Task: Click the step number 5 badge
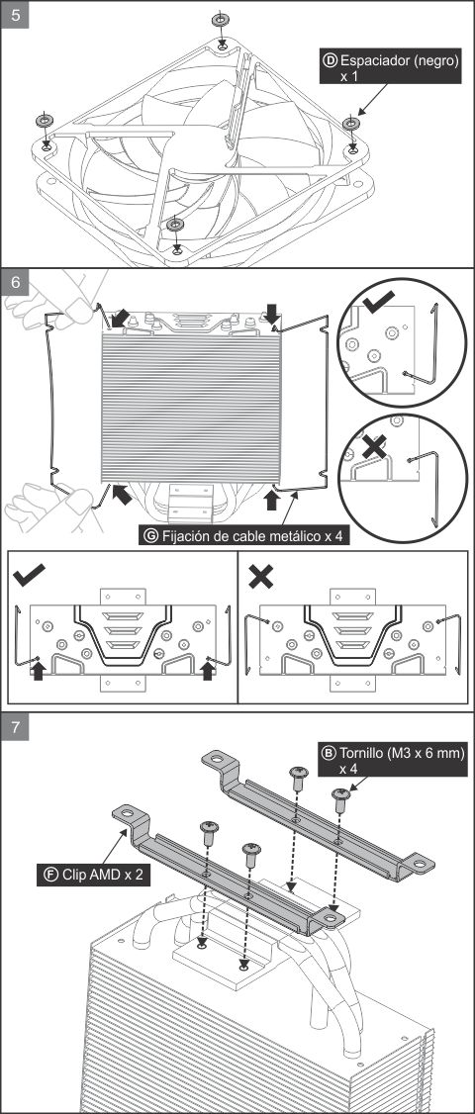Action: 15,15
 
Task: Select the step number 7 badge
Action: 15,727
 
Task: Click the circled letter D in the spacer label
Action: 330,60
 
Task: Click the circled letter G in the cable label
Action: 150,535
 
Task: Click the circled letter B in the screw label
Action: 330,752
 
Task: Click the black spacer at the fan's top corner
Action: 221,19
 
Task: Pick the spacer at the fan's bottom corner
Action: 175,225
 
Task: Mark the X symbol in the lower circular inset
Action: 375,447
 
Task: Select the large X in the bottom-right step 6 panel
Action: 261,576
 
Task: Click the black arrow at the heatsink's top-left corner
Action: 120,318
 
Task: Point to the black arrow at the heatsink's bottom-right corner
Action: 271,500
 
